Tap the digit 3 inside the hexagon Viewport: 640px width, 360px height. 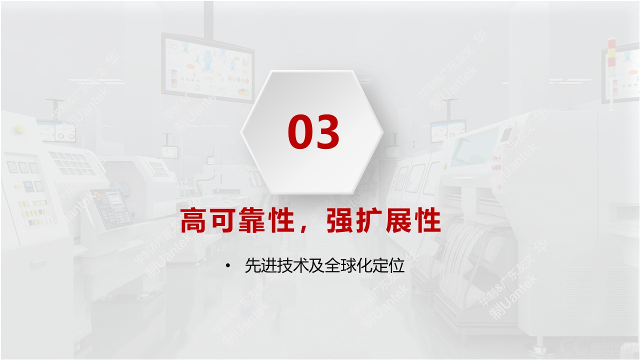pyautogui.click(x=328, y=132)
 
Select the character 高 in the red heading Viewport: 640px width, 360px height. pyautogui.click(x=193, y=221)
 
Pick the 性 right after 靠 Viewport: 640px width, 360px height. pyautogui.click(x=281, y=221)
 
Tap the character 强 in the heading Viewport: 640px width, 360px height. pyautogui.click(x=339, y=221)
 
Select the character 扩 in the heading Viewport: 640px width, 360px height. pyautogui.click(x=369, y=221)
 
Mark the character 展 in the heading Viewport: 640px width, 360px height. pyautogui.click(x=398, y=221)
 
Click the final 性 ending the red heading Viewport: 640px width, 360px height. pyautogui.click(x=428, y=221)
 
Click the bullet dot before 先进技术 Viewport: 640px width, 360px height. pyautogui.click(x=228, y=265)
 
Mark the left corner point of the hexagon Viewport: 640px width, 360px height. pyautogui.click(x=241, y=132)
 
